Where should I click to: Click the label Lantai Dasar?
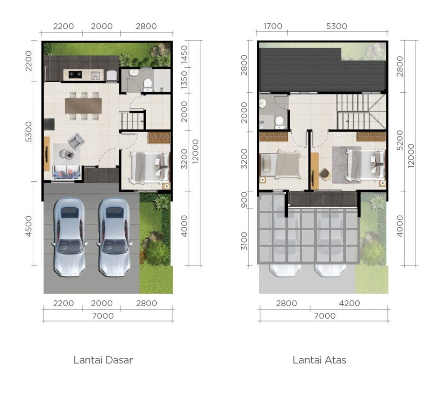pos(103,360)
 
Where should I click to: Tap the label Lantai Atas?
pos(319,360)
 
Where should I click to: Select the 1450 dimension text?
pos(184,55)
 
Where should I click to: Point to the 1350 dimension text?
pos(184,80)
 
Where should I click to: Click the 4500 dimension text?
pos(29,226)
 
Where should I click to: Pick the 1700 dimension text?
pos(273,26)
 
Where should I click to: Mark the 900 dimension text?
pos(244,200)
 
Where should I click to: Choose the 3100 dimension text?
pos(244,241)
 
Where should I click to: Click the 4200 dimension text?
pos(350,303)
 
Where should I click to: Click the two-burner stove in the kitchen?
pos(75,74)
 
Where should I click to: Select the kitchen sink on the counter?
pos(96,75)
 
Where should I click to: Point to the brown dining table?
pos(83,106)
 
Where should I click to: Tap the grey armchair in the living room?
pos(76,141)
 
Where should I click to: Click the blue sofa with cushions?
pos(67,173)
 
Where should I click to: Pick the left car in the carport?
pos(69,237)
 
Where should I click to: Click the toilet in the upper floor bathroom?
pos(279,121)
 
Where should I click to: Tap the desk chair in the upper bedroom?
pos(324,174)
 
